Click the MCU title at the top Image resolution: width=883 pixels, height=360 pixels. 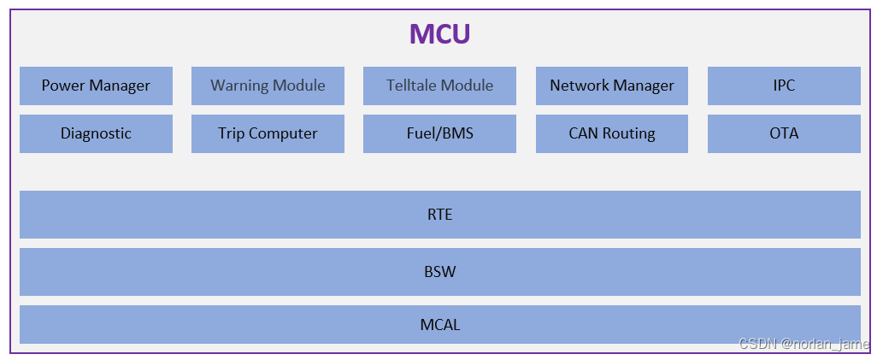click(439, 33)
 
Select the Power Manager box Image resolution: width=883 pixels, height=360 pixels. click(96, 86)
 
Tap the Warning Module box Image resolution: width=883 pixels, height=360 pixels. click(268, 86)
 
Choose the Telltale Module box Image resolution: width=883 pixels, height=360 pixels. click(439, 86)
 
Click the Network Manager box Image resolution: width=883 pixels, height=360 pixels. click(612, 86)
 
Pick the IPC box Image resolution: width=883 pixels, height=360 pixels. click(784, 86)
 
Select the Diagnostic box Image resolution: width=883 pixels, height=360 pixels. click(96, 133)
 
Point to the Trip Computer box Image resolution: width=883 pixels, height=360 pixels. click(268, 133)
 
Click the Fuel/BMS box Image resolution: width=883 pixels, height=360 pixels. click(439, 133)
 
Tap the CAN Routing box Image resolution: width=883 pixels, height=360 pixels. click(612, 133)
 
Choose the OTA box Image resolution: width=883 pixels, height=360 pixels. click(784, 133)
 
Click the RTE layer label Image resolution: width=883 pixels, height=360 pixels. click(439, 215)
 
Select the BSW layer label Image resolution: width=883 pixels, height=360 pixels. click(439, 272)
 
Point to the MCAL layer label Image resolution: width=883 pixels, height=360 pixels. click(440, 325)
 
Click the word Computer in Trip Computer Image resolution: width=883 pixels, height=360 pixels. click(283, 134)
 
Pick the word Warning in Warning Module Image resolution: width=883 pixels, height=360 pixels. click(239, 86)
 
